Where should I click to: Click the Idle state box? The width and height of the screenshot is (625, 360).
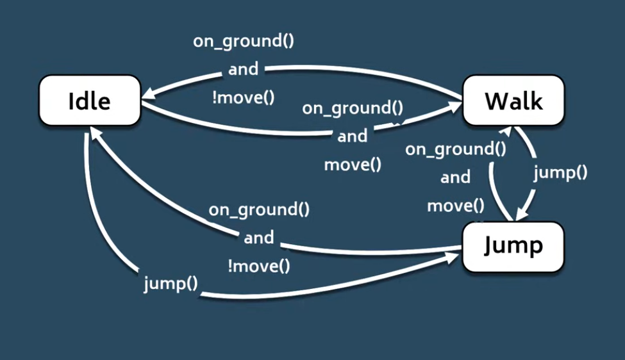pyautogui.click(x=90, y=101)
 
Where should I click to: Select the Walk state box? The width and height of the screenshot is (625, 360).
pyautogui.click(x=513, y=101)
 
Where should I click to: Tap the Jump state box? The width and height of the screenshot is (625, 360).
pyautogui.click(x=513, y=245)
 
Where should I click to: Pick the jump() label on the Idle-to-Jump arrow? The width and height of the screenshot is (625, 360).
pyautogui.click(x=171, y=283)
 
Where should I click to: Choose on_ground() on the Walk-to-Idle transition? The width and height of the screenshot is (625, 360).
pyautogui.click(x=244, y=42)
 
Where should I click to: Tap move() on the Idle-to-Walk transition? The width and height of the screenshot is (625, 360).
pyautogui.click(x=353, y=164)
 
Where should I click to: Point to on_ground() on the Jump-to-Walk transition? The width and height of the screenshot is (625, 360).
pyautogui.click(x=456, y=149)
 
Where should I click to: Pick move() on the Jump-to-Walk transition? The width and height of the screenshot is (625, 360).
pyautogui.click(x=456, y=206)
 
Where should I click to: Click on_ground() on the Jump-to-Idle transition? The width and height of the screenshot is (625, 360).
pyautogui.click(x=259, y=209)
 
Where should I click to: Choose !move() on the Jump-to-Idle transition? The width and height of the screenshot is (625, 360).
pyautogui.click(x=259, y=266)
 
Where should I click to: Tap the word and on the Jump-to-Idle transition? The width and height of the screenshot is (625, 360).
pyautogui.click(x=259, y=238)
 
